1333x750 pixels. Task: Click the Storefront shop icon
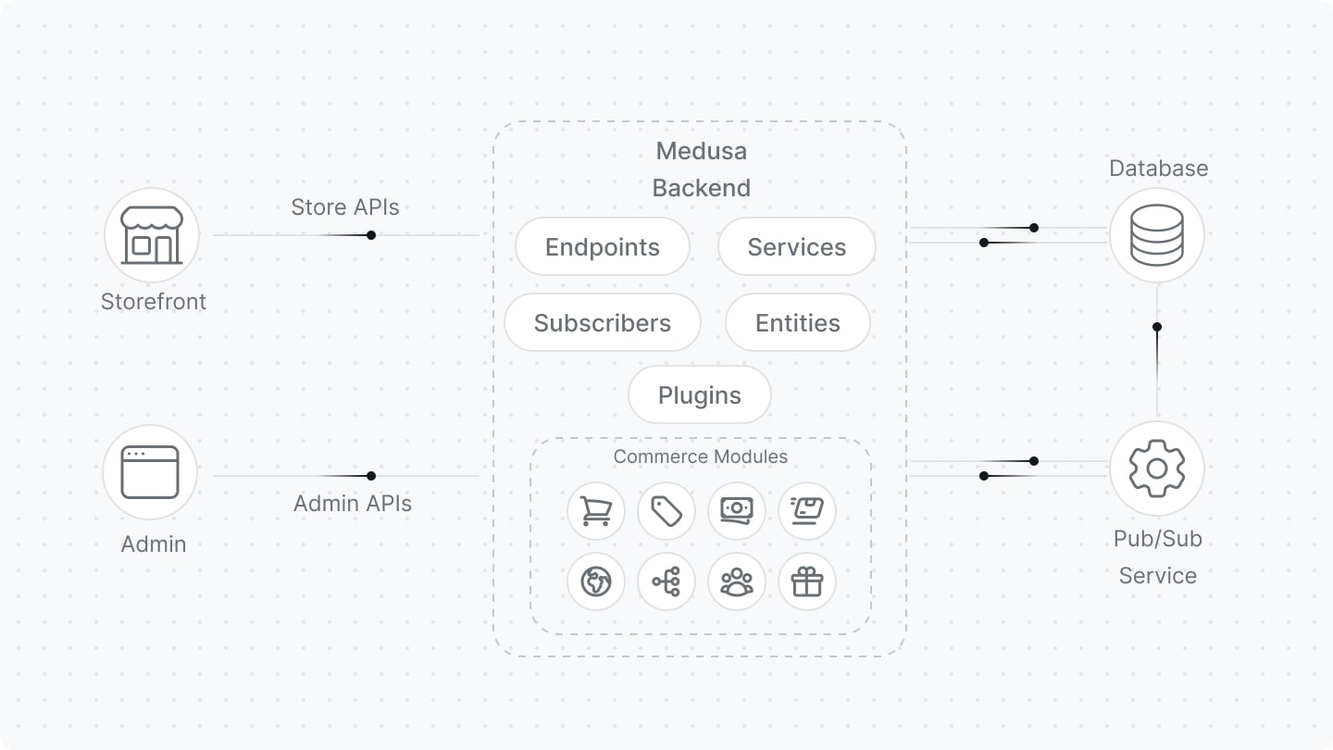[x=152, y=235]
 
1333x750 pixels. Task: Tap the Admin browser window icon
[x=150, y=472]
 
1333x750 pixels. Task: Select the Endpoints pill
[x=603, y=247]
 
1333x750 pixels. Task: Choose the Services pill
[x=796, y=247]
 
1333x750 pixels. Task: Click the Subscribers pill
[x=603, y=323]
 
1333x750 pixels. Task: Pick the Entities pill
[x=797, y=323]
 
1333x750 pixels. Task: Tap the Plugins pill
[x=699, y=395]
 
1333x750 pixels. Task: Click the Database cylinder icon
[x=1156, y=235]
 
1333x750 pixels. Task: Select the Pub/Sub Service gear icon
[x=1156, y=469]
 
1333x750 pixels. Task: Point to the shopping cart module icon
[x=595, y=511]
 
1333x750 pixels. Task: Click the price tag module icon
[x=666, y=511]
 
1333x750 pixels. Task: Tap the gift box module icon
[x=806, y=582]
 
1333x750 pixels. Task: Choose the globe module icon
[x=595, y=582]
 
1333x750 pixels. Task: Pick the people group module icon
[x=736, y=582]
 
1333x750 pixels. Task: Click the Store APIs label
[x=345, y=207]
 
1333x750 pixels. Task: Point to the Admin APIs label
[x=353, y=504]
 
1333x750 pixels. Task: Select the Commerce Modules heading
[x=700, y=456]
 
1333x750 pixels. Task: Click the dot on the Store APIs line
[x=371, y=235]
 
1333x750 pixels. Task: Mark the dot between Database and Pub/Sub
[x=1157, y=327]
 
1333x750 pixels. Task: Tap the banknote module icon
[x=736, y=511]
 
